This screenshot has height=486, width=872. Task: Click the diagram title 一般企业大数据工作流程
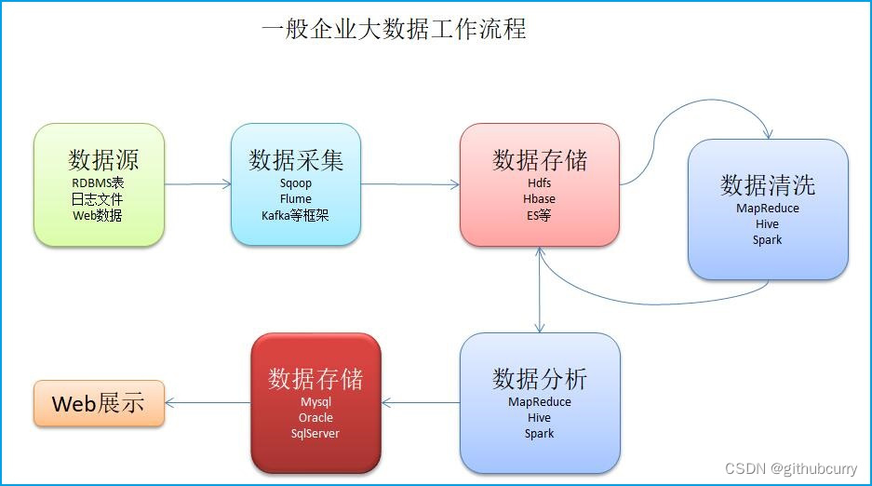click(394, 30)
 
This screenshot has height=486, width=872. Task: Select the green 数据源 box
click(99, 184)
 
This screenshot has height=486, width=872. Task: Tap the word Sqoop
click(296, 183)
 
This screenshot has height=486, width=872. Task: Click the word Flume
click(296, 199)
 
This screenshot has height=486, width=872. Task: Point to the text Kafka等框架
click(296, 215)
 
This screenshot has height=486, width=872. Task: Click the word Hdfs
click(540, 183)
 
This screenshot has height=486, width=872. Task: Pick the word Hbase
click(540, 199)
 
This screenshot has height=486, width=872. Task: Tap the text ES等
click(540, 215)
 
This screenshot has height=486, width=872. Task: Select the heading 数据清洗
click(768, 184)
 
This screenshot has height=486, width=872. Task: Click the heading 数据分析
click(540, 379)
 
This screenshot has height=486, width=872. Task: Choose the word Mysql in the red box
click(315, 402)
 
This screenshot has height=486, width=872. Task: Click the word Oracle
click(315, 418)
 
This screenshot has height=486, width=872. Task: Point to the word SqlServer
click(315, 434)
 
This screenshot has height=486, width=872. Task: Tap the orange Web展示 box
click(99, 403)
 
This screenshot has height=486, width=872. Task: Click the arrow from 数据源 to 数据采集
click(197, 184)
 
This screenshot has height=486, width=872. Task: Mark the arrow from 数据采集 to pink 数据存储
click(409, 184)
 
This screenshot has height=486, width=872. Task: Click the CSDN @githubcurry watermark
click(792, 469)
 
